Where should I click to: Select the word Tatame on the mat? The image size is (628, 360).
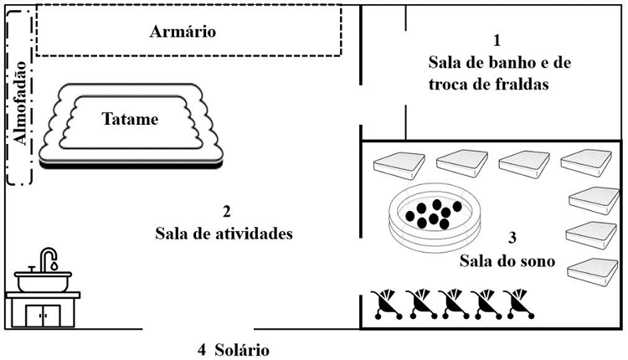point(131,120)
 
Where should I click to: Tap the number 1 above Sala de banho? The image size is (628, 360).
point(497,40)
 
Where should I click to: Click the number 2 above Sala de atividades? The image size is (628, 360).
point(224,211)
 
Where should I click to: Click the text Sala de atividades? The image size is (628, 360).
point(224,234)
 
